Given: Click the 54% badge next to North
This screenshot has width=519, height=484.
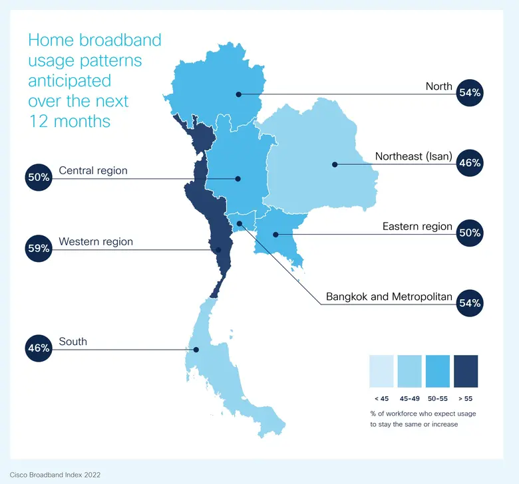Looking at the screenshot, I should coord(469,92).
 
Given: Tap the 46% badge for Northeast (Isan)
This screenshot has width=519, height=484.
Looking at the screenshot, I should coord(469,163).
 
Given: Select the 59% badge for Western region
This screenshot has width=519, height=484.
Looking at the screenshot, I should coord(39,249).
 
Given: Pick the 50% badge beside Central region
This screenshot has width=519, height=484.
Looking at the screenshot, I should coord(39,178).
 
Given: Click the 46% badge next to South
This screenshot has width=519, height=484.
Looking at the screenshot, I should coord(39,348).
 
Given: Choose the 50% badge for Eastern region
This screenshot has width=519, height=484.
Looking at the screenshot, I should coord(469,233).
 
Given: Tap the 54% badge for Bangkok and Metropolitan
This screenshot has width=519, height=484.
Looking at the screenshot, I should coord(469,303).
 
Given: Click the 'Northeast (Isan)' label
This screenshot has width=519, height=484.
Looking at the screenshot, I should coord(413,157).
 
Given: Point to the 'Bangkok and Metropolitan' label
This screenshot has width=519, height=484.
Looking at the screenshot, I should coord(389,297).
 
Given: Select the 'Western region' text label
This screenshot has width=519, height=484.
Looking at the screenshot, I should coord(96,241).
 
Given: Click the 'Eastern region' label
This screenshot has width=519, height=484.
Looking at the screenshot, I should coord(417,227).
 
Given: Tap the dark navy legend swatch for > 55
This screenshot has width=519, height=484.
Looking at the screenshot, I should coord(466,371).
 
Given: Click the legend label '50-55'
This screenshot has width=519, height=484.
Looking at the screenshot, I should coord(438,398).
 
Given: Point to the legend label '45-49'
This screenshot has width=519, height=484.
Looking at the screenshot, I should coord(409,398).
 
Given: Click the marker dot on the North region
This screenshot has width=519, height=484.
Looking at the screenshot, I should coord(238,94).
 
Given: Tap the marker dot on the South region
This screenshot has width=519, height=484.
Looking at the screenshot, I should coord(196,350).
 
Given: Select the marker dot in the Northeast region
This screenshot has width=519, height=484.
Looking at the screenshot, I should coord(335,164).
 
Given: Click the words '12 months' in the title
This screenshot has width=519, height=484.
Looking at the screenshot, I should coord(69,122).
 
